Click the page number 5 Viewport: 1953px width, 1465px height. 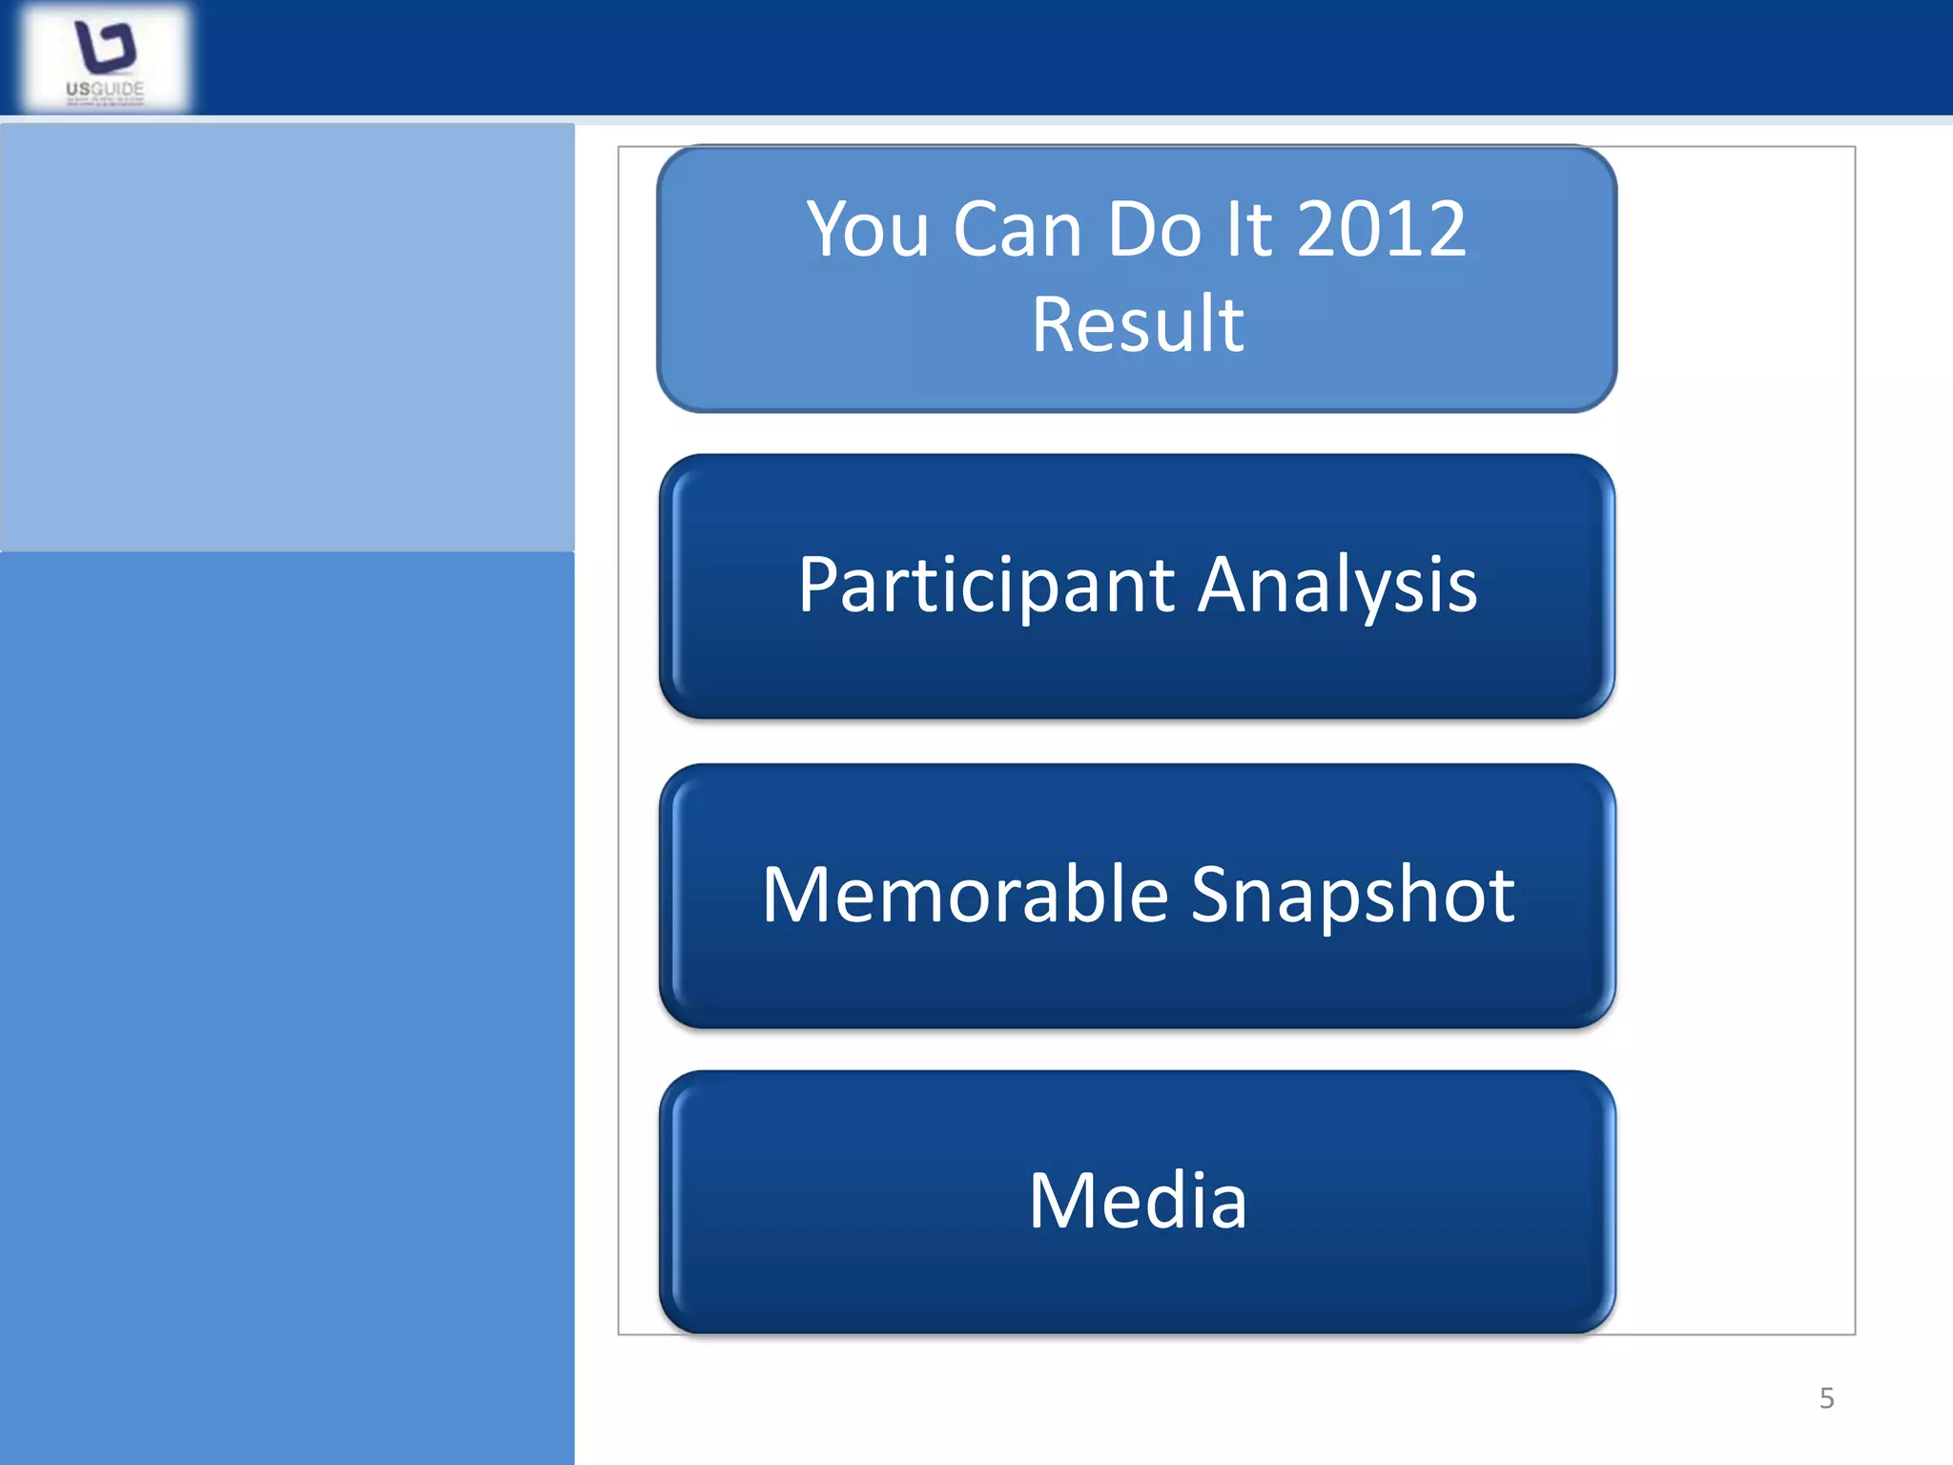point(1826,1398)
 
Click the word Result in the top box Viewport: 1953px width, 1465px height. point(1137,325)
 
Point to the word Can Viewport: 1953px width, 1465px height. point(1017,230)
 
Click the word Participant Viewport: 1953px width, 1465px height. point(986,586)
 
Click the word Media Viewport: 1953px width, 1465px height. point(1137,1201)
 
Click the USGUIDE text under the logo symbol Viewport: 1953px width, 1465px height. point(105,89)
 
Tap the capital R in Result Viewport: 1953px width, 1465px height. point(1055,325)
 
